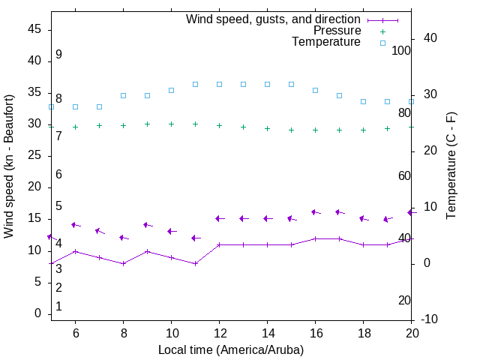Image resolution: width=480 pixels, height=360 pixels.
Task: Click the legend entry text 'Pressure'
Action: point(337,31)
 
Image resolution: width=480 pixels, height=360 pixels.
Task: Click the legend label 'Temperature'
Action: point(326,42)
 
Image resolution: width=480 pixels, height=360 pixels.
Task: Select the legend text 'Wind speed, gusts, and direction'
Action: point(274,19)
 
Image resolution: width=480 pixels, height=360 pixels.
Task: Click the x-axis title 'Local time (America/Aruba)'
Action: point(231,349)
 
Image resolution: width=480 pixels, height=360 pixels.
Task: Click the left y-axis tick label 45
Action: point(34,30)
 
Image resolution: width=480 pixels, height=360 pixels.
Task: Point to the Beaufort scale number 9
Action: point(58,55)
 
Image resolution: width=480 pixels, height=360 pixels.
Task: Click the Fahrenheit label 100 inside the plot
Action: point(401,50)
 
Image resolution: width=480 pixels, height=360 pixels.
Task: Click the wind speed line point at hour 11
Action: point(195,263)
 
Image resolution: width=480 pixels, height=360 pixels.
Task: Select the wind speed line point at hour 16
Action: point(315,238)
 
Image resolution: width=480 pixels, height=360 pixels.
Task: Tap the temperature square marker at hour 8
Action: point(123,95)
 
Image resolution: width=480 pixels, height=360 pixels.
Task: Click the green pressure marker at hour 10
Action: point(171,124)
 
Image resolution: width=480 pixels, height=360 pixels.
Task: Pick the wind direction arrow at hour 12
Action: point(219,218)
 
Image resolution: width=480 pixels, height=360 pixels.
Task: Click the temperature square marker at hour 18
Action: point(363,101)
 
